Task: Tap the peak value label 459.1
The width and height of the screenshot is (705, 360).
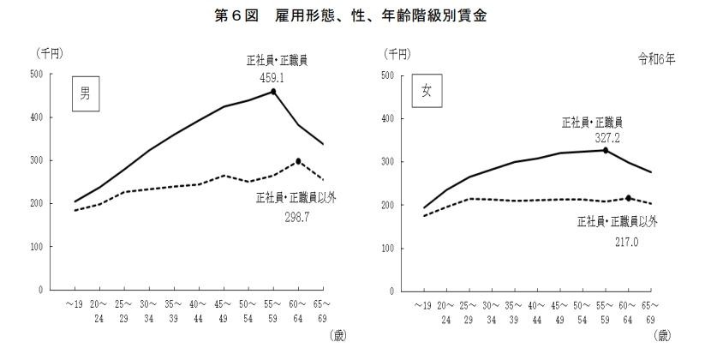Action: point(272,76)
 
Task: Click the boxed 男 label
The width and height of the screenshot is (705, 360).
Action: point(85,94)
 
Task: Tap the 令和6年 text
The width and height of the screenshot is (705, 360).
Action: point(658,59)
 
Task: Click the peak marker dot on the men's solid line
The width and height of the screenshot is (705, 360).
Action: point(273,91)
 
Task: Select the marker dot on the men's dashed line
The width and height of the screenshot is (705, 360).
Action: point(298,161)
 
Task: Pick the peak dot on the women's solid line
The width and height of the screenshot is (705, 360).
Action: point(606,150)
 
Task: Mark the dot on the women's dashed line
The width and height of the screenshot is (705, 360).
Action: point(630,198)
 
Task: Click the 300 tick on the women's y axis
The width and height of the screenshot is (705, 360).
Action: point(387,161)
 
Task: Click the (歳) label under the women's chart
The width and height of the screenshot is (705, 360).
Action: point(665,337)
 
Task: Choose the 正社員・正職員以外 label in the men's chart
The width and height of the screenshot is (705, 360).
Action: point(296,198)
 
